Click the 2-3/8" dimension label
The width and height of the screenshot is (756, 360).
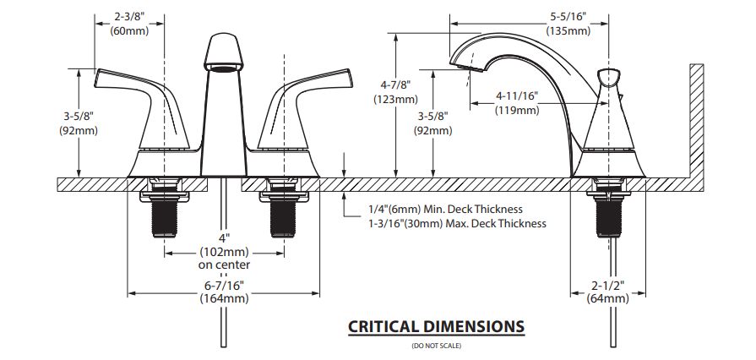coord(129,16)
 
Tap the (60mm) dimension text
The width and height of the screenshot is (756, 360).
coord(129,30)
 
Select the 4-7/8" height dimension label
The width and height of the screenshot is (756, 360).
coord(395,85)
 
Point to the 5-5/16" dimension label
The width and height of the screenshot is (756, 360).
coord(568,16)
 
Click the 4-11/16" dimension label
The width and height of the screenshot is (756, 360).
coord(517,96)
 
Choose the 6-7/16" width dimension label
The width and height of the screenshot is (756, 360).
coord(224,285)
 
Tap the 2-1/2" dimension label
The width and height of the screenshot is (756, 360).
coord(608,285)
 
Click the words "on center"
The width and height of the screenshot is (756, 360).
coord(224,265)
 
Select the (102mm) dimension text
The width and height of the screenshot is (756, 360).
coord(224,252)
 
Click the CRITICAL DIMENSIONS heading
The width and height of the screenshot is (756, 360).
coord(437,327)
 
